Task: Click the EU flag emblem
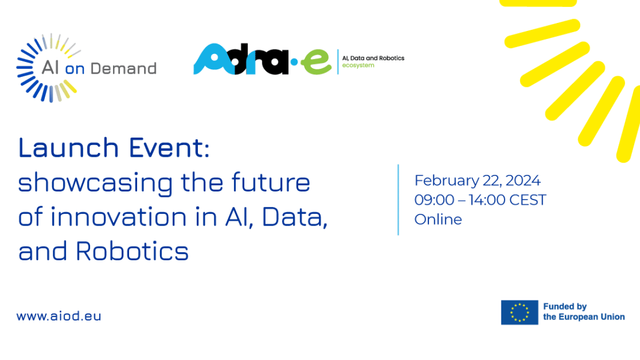click(x=519, y=313)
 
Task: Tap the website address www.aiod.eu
click(x=59, y=316)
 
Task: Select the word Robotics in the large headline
click(x=132, y=251)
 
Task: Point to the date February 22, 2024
click(x=477, y=181)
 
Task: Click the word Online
click(x=438, y=219)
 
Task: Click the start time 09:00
click(x=434, y=199)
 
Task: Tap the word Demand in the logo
click(x=123, y=69)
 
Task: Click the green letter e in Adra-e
click(x=316, y=62)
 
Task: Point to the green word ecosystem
click(x=358, y=66)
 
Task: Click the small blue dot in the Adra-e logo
click(x=294, y=62)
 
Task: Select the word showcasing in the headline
click(x=95, y=183)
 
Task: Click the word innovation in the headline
click(x=119, y=217)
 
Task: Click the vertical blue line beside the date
click(x=398, y=199)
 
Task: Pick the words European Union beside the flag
click(x=591, y=317)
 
